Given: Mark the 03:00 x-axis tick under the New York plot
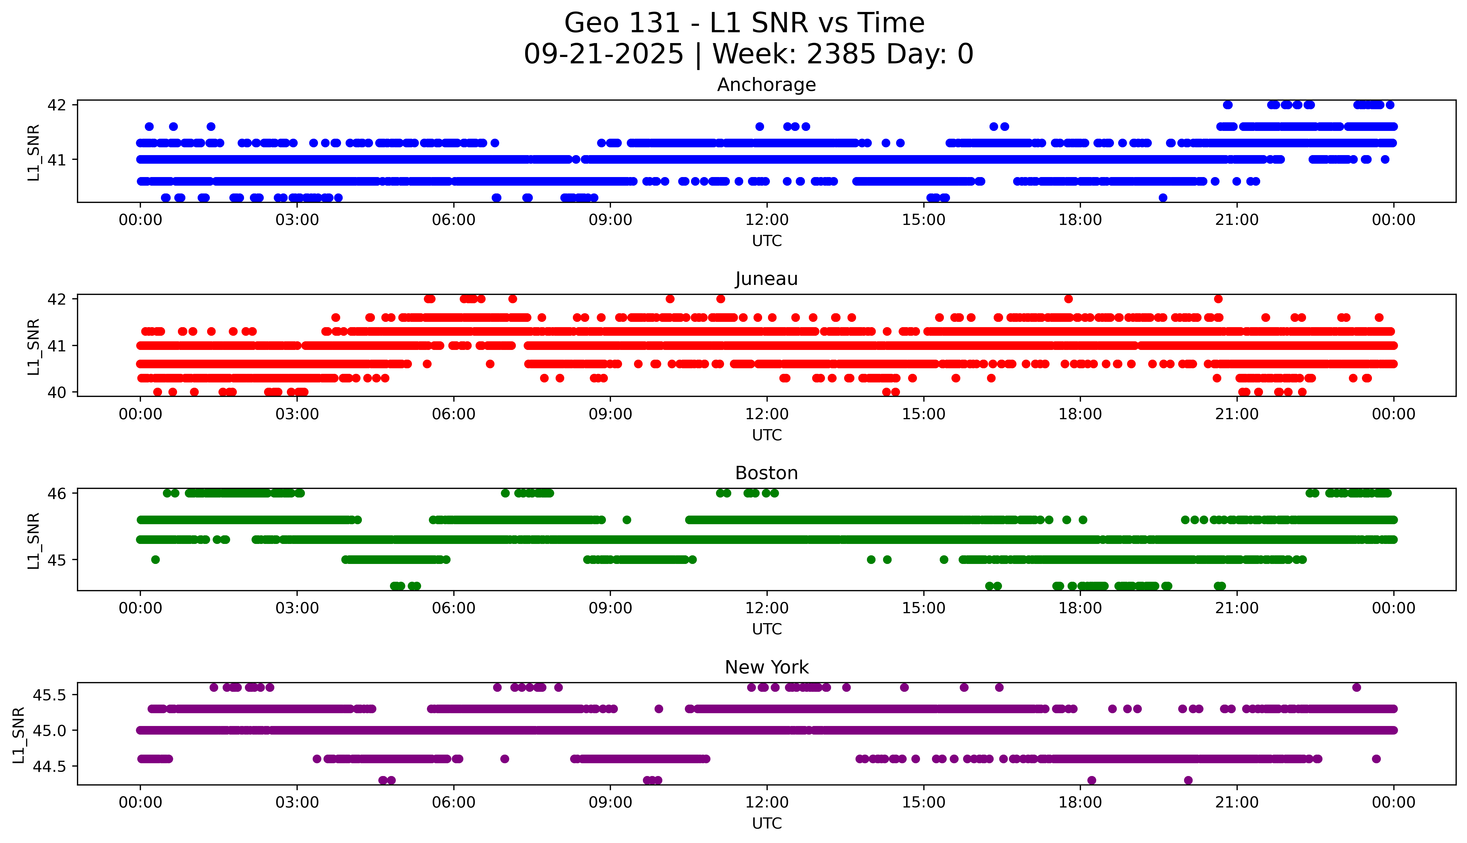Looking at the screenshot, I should (x=297, y=802).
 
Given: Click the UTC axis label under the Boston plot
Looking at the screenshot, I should (x=767, y=629).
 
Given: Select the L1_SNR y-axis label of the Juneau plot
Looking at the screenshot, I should (x=34, y=346).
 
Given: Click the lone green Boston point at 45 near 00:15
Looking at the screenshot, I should (x=155, y=559).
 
